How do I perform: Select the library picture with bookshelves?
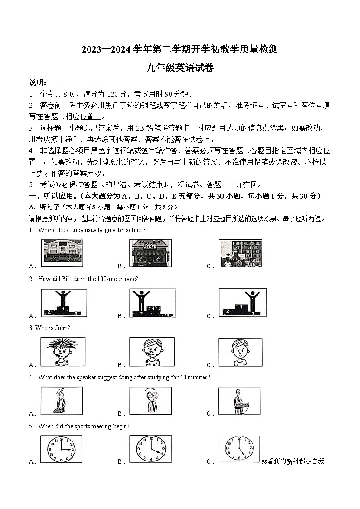tap(240, 253)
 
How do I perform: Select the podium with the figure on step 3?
tap(240, 302)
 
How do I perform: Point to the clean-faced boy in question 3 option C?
tap(240, 352)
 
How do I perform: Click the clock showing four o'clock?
tap(150, 449)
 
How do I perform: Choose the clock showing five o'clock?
tap(239, 449)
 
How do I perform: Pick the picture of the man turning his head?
tap(150, 400)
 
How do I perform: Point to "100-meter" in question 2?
tap(109, 279)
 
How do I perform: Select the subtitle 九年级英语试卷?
tap(180, 68)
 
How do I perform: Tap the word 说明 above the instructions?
tap(37, 82)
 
